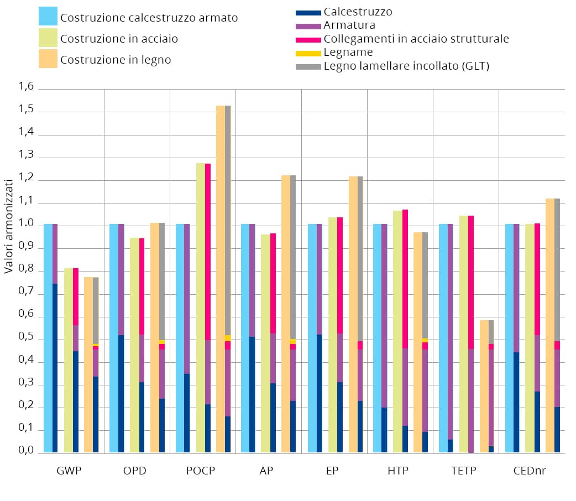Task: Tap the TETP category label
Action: (463, 471)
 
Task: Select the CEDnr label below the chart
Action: (530, 471)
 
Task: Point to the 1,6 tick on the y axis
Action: (27, 87)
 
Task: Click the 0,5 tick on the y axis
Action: (27, 338)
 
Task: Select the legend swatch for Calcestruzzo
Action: (308, 12)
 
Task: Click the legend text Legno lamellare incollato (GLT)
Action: (406, 66)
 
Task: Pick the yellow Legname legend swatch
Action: (308, 53)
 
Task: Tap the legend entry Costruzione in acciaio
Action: (119, 39)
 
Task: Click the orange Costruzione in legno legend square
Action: (48, 59)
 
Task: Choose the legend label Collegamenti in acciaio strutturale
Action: (416, 39)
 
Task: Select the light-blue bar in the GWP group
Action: (48, 337)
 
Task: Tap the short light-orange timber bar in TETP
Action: (484, 387)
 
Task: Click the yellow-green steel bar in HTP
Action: (397, 332)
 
